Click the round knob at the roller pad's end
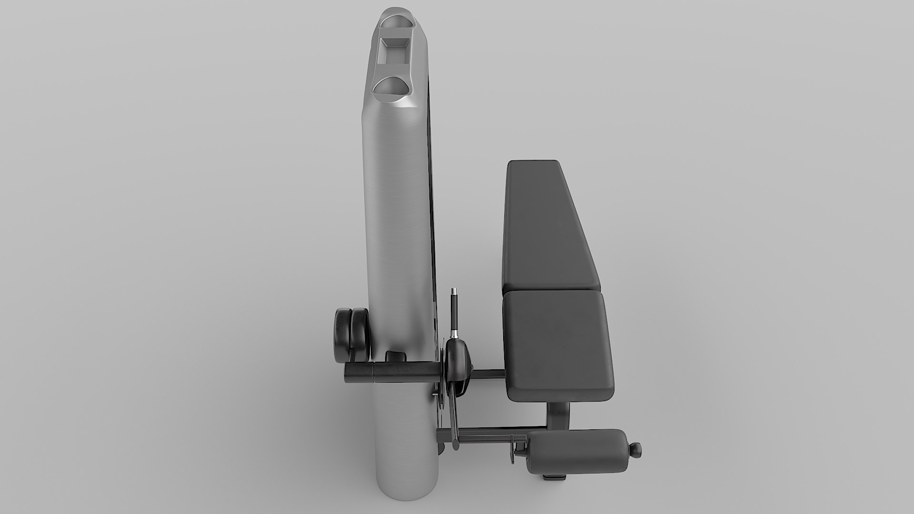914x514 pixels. point(636,448)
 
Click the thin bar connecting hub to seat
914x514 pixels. point(488,375)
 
